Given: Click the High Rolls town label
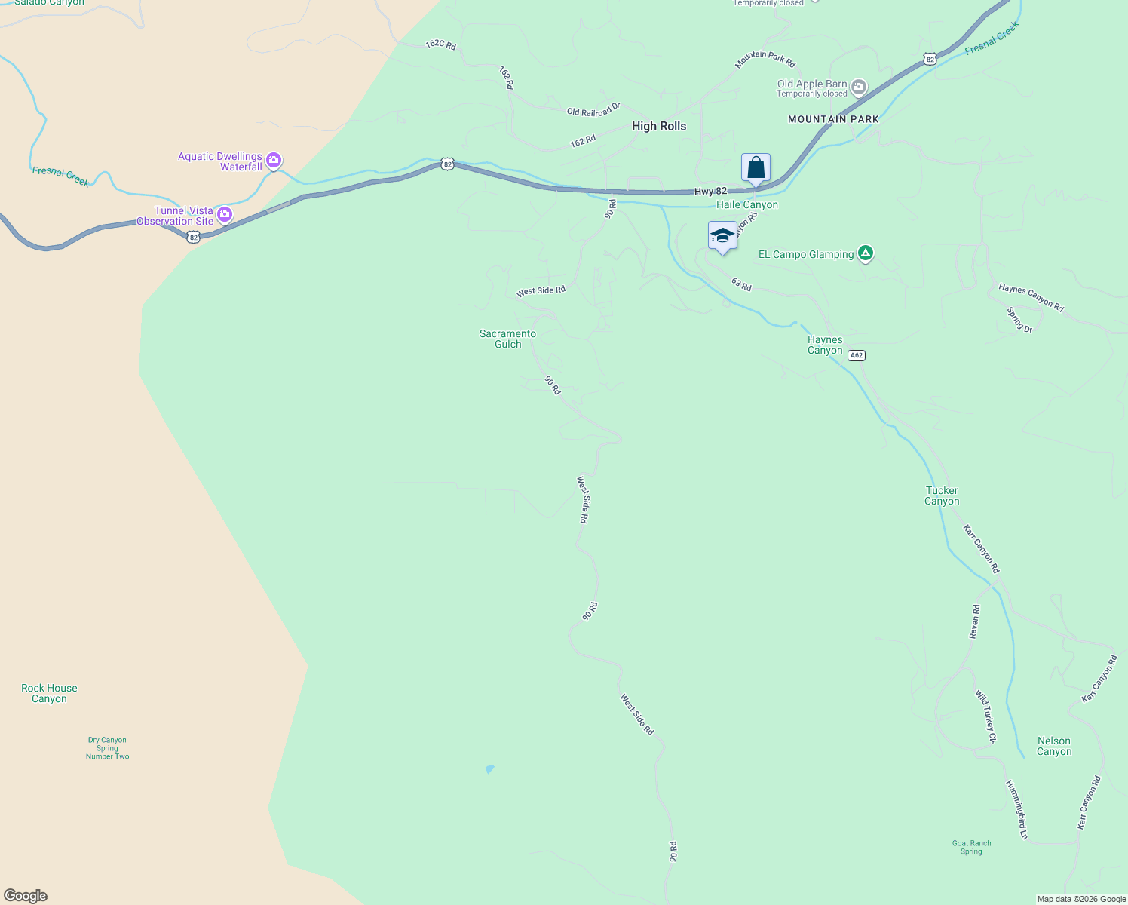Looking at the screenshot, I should pos(659,126).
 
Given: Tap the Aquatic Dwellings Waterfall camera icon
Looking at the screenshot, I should pos(274,161).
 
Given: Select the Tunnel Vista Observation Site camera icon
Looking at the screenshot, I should pos(224,216).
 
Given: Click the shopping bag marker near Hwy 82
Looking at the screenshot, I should pos(756,168).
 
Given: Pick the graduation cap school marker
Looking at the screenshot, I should pos(722,236).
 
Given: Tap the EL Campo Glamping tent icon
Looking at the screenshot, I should pos(866,253).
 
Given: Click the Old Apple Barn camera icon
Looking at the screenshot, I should pos(859,88).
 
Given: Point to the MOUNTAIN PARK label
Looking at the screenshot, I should pos(833,119).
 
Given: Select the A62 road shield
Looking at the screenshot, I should pos(856,355).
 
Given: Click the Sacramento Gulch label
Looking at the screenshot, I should pos(508,339).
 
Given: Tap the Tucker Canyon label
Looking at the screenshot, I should pos(942,495).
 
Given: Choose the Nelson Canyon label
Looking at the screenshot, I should pos(1053,746).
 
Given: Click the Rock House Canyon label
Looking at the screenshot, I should pos(49,693).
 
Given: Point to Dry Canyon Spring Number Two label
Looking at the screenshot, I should pos(107,748).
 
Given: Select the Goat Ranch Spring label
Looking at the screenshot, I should pos(971,848).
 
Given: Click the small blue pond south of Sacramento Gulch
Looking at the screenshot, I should pos(489,769).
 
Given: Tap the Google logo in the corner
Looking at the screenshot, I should pos(26,896).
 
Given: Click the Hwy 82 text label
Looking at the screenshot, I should pos(710,192).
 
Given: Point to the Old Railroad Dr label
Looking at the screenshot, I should pos(593,110).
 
